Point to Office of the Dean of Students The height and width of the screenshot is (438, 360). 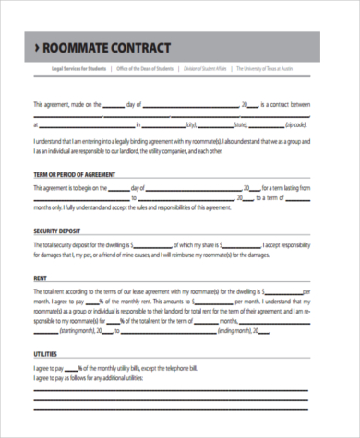(144, 69)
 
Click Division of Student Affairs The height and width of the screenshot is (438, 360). (205, 69)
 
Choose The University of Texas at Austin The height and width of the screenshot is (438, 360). (274, 69)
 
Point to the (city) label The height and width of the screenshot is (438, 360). (191, 124)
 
